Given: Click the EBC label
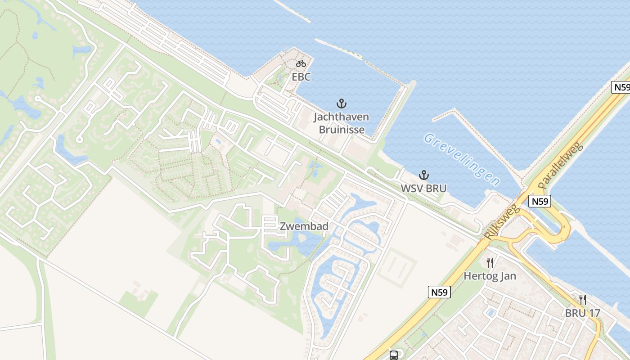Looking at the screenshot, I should [x=301, y=77].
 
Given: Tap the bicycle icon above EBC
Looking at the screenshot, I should [x=301, y=63].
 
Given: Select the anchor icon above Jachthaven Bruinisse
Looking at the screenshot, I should [x=342, y=104].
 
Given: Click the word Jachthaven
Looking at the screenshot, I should [x=341, y=117].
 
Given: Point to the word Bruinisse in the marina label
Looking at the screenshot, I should [x=342, y=130].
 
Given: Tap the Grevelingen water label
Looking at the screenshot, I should [x=462, y=159].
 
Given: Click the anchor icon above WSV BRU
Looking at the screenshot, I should [x=423, y=175].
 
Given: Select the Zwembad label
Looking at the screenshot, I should [x=304, y=226].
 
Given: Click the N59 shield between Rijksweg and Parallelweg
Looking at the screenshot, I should [x=540, y=201].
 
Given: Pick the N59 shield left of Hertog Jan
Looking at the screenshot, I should [x=438, y=292].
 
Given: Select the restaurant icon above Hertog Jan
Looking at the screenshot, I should [x=490, y=262].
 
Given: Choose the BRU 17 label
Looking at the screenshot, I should [x=583, y=313].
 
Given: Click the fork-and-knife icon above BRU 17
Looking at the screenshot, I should [x=583, y=299].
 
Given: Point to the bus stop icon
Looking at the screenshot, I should [x=394, y=355].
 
